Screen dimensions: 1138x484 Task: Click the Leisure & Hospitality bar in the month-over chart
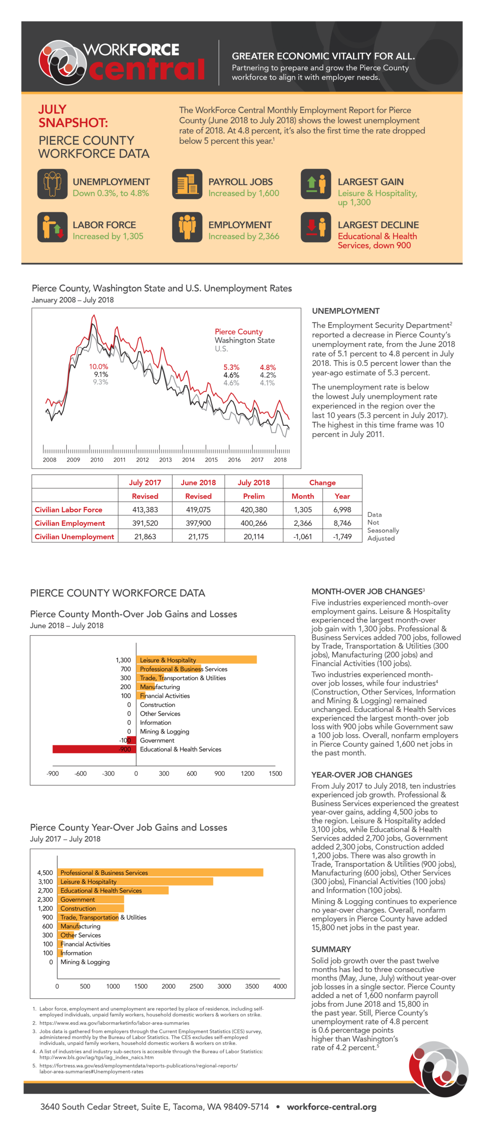[196, 660]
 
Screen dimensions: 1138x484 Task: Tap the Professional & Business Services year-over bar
[160, 873]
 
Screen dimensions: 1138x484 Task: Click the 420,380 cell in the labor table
[254, 509]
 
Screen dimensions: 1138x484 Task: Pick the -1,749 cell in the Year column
[342, 537]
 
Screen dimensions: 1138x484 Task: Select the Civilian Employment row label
[70, 523]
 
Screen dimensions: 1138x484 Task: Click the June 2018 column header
[198, 482]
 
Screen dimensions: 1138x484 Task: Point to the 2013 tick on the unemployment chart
[165, 460]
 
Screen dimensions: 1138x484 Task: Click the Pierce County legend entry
[238, 332]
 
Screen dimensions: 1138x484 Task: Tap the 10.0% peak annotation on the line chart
[98, 367]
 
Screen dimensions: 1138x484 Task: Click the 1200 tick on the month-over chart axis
[247, 773]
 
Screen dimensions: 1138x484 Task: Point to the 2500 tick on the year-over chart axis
[196, 986]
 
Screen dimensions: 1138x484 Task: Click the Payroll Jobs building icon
[187, 184]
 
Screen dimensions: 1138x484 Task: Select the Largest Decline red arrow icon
[316, 227]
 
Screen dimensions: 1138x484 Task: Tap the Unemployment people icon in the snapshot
[52, 184]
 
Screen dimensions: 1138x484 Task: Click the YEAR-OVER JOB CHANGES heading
[362, 775]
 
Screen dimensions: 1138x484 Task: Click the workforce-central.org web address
[331, 1107]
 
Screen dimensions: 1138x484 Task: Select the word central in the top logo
[147, 69]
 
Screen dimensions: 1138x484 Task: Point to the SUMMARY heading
[331, 949]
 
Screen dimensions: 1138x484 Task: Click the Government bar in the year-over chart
[91, 899]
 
